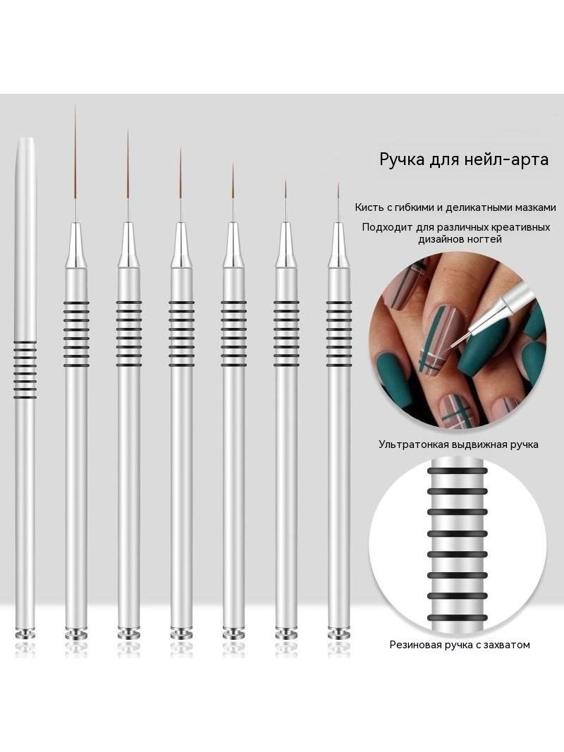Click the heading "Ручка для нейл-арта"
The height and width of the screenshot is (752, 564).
[464, 159]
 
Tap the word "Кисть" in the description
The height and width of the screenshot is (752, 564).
[367, 207]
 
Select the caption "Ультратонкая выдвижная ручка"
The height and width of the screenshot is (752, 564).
[458, 444]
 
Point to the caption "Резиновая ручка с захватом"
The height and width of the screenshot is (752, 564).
[460, 645]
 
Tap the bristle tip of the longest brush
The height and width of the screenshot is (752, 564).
[75, 106]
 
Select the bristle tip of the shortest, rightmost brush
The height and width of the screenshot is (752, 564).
[338, 183]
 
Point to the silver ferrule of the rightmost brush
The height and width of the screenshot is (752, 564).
[338, 245]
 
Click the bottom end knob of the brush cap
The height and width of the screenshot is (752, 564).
[25, 634]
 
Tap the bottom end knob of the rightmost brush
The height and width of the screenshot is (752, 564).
[339, 633]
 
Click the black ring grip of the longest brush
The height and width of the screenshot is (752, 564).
[76, 334]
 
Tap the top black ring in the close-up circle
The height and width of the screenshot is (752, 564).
[457, 471]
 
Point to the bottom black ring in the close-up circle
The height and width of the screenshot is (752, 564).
[457, 618]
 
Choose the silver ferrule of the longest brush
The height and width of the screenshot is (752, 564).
[76, 245]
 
